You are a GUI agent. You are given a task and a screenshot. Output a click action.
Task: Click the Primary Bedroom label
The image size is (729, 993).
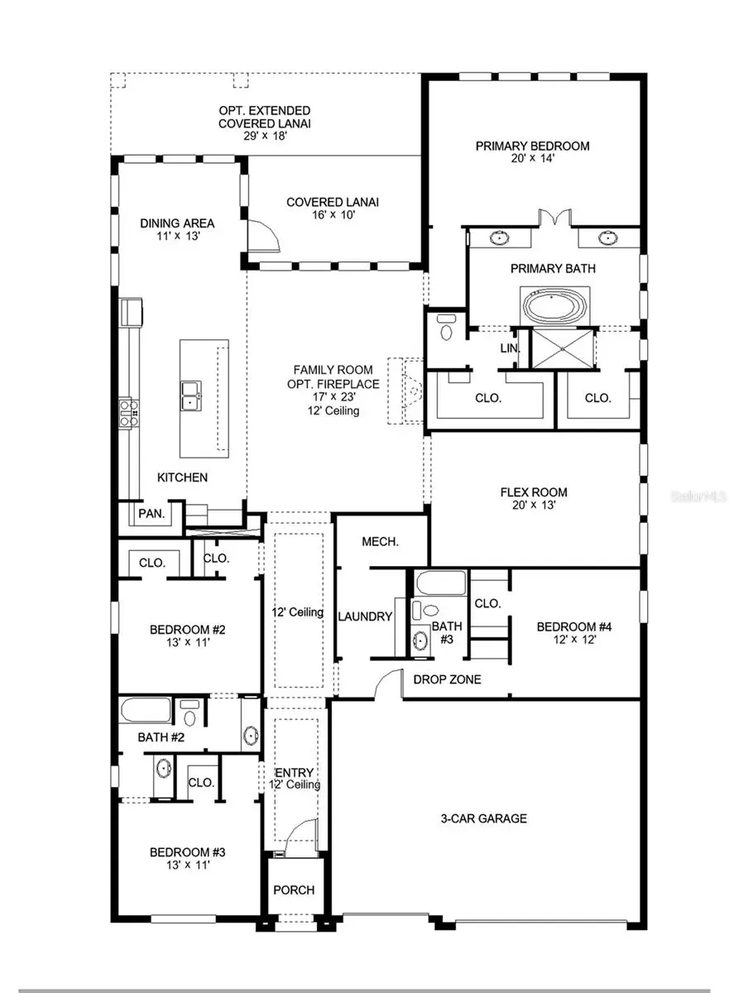click(532, 146)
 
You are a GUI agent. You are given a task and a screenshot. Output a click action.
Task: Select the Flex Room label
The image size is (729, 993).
click(534, 492)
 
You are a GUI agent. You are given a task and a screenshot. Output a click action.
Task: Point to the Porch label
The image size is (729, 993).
click(294, 890)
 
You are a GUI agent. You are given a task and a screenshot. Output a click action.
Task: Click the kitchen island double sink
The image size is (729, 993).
click(192, 396)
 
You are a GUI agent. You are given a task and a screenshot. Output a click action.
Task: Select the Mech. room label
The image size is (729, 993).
click(381, 542)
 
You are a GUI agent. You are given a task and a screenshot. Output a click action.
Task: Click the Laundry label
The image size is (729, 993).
click(365, 616)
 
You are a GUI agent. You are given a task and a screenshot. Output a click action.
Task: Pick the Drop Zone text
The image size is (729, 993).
click(441, 679)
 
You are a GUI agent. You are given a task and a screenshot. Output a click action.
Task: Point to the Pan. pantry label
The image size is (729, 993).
click(151, 513)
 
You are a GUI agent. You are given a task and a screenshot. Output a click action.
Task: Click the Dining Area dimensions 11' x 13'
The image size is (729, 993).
click(177, 236)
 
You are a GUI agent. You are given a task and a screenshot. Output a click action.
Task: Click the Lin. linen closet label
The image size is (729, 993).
click(510, 349)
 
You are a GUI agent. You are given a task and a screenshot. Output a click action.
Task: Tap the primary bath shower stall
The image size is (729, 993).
click(565, 348)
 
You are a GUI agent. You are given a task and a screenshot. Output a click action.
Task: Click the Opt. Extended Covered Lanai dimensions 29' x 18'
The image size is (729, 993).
click(265, 136)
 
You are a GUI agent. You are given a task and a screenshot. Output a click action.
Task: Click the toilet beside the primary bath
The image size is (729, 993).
click(447, 329)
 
